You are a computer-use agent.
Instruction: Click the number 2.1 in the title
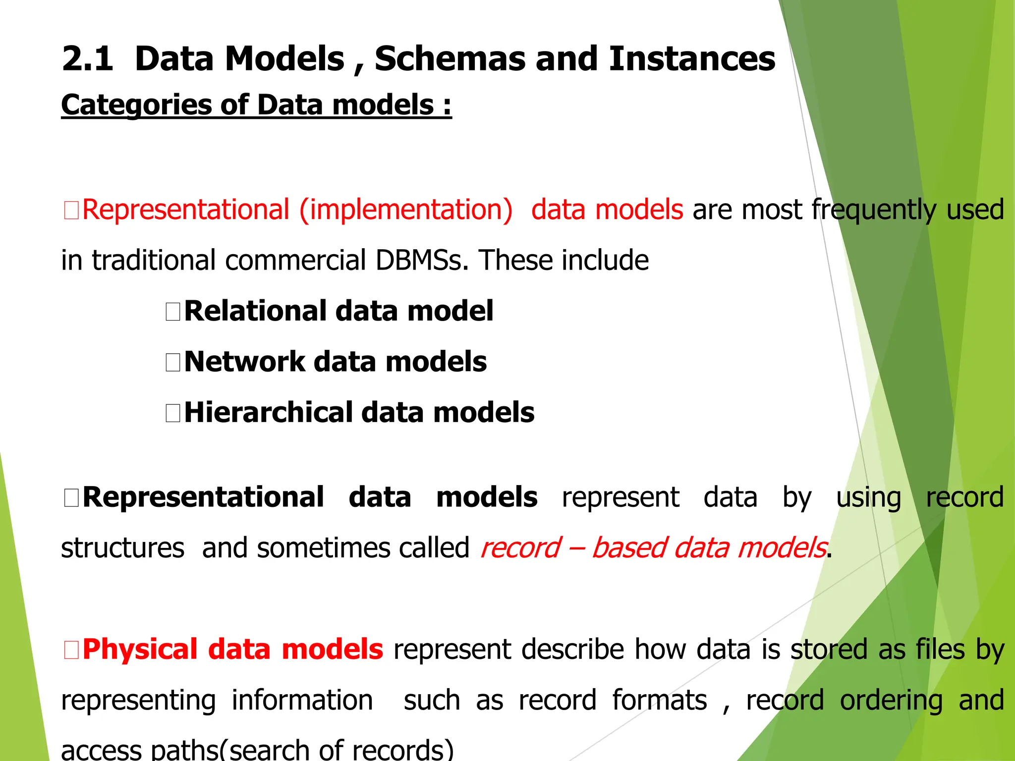coord(87,59)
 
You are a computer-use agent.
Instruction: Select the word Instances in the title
coord(692,59)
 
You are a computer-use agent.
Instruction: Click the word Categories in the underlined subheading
coord(136,106)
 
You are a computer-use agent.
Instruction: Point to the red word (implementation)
coord(406,210)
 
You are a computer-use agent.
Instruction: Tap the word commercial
coord(295,260)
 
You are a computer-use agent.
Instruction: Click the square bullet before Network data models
coord(173,362)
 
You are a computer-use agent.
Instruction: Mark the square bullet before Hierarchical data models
coord(173,413)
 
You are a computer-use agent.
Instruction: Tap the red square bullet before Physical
coord(71,650)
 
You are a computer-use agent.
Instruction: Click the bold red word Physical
coord(140,649)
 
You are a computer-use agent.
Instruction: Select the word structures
coord(122,548)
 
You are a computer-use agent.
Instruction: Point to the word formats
coord(659,701)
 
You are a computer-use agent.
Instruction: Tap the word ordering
coord(891,701)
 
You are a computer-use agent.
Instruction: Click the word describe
coord(572,649)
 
